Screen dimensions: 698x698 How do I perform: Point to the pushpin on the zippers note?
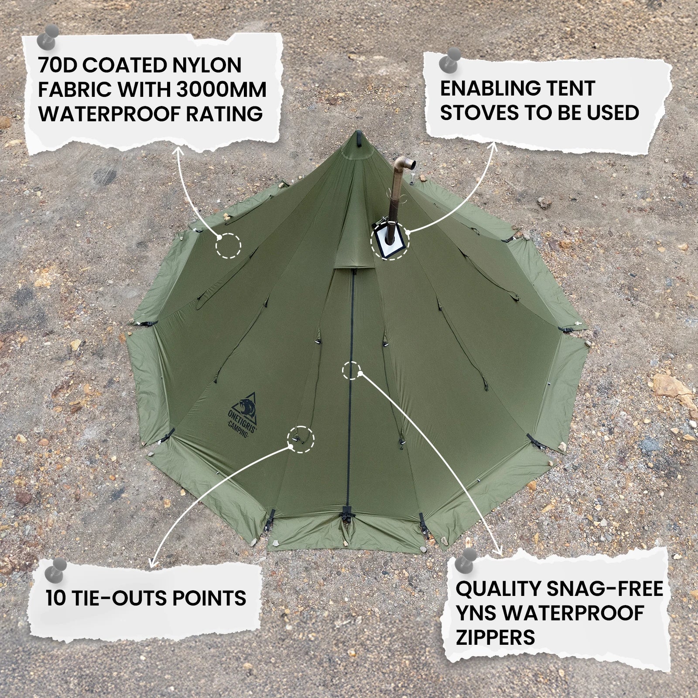coord(465,560)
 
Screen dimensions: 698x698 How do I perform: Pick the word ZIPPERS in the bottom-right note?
coord(495,637)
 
